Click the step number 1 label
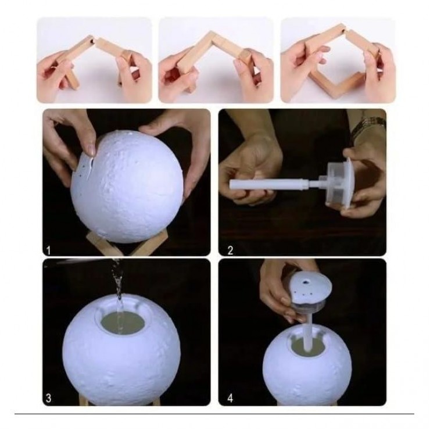(x=49, y=250)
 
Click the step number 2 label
(x=230, y=250)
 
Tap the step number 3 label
(x=49, y=398)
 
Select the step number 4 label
(x=230, y=398)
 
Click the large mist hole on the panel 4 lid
(x=305, y=281)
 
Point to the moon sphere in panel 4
(x=307, y=365)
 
